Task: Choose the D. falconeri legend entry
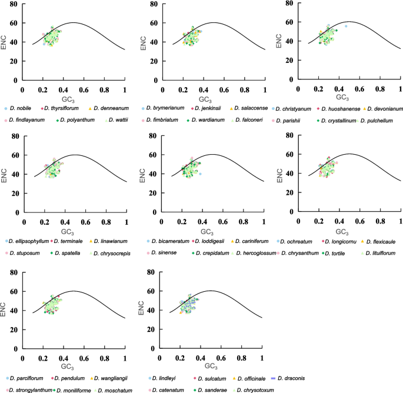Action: tap(242, 119)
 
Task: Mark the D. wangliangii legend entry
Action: tap(109, 378)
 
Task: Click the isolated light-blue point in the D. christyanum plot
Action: tap(346, 26)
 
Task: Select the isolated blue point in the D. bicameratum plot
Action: tap(201, 174)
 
